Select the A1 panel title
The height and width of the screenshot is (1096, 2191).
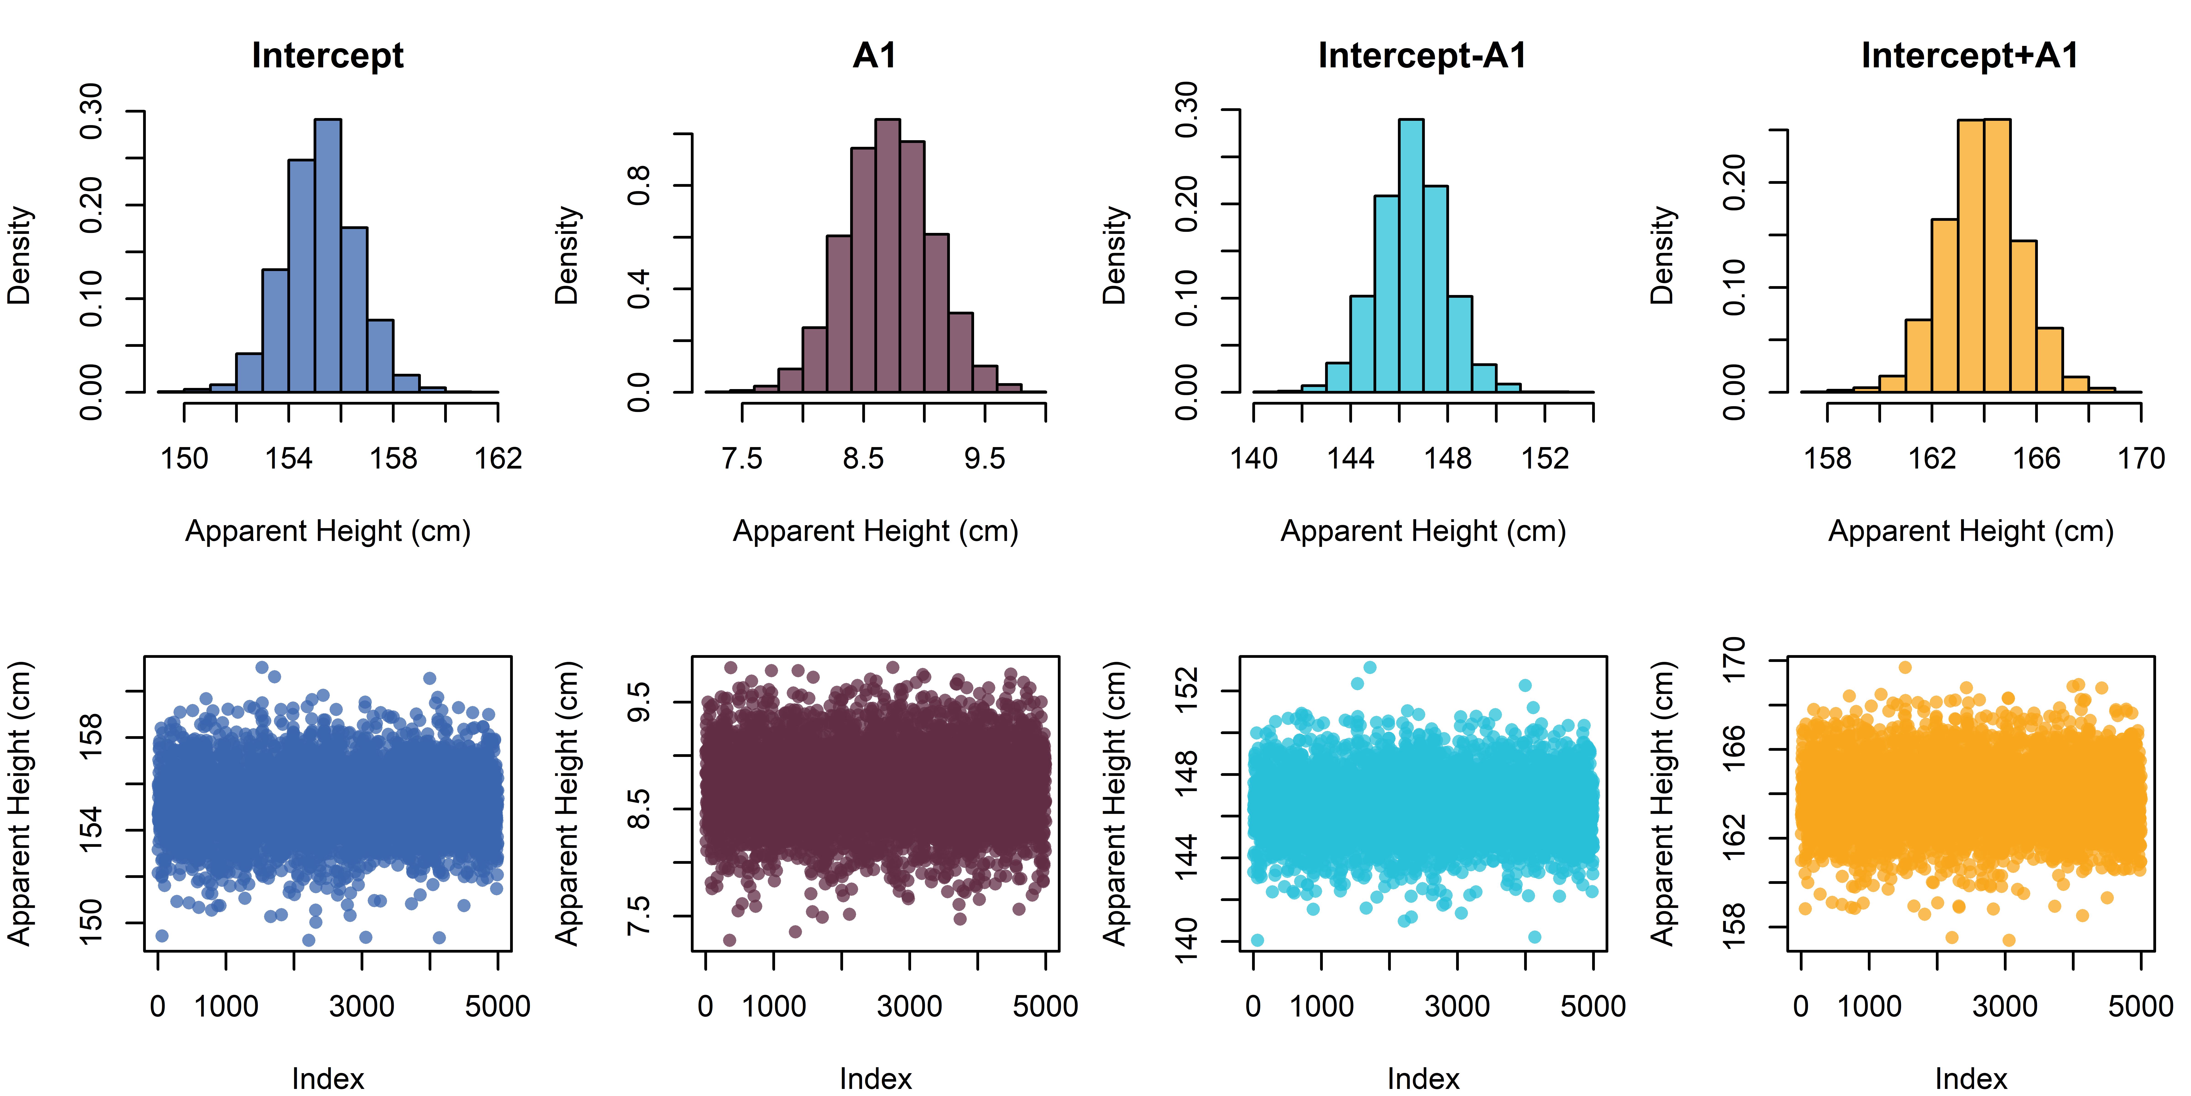875,56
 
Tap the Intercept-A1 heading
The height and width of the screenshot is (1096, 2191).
1423,56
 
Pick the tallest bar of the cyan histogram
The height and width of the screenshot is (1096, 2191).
1411,255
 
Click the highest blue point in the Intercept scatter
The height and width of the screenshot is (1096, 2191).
262,667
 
